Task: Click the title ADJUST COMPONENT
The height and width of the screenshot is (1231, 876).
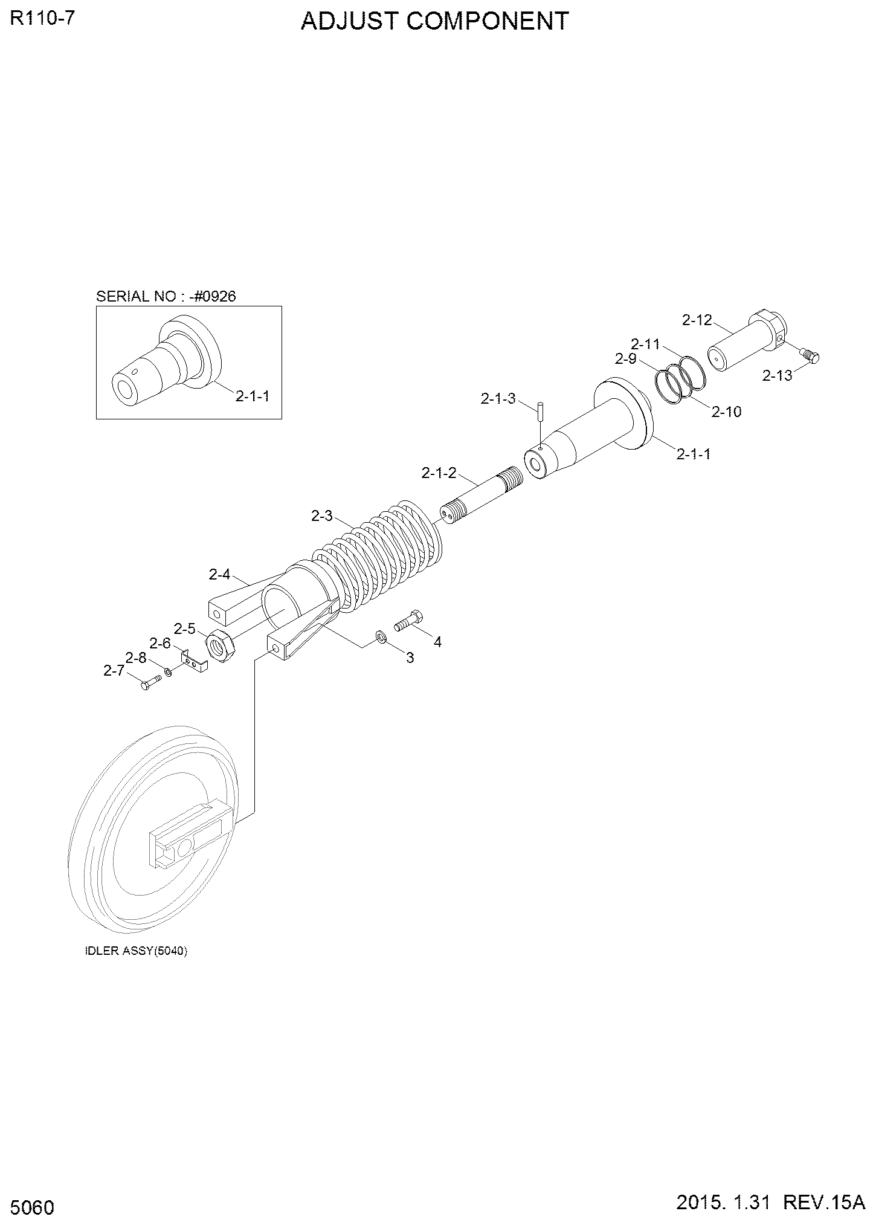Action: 434,21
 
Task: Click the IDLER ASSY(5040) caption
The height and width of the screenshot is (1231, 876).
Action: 136,951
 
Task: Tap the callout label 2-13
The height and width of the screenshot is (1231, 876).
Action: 777,375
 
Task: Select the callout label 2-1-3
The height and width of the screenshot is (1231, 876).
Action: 498,398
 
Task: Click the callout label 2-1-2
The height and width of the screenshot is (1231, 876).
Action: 439,473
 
